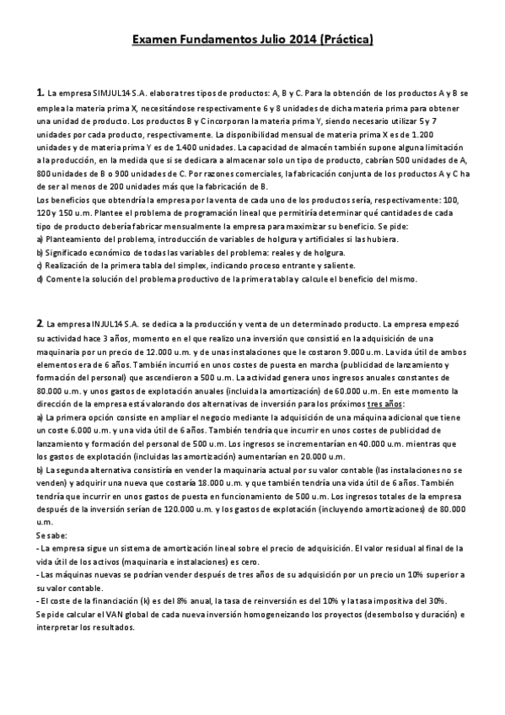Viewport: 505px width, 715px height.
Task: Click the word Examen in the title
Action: pos(155,40)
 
